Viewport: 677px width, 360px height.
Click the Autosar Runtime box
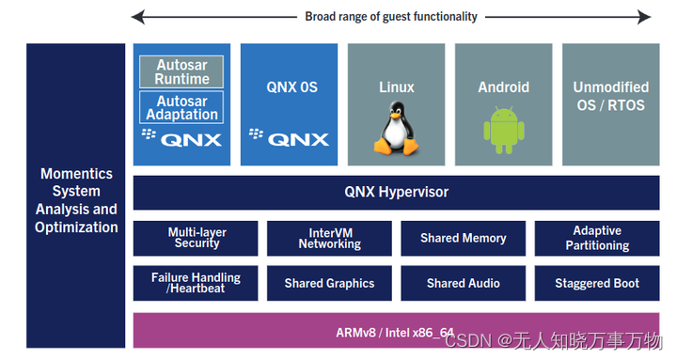pyautogui.click(x=181, y=72)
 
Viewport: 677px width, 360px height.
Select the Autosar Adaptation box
pyautogui.click(x=181, y=107)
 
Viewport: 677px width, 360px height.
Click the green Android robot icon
pyautogui.click(x=503, y=130)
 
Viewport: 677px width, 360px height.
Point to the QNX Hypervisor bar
pyautogui.click(x=396, y=193)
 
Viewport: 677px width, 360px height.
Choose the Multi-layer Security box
pyautogui.click(x=197, y=238)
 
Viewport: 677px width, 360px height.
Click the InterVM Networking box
pyautogui.click(x=329, y=238)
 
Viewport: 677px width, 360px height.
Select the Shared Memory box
pyautogui.click(x=463, y=238)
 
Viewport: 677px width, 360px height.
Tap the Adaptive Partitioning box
pyautogui.click(x=597, y=238)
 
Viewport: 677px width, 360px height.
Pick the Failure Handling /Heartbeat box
pyautogui.click(x=197, y=283)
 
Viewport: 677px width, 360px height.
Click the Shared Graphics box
pyautogui.click(x=329, y=283)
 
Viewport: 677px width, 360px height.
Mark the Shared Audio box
pyautogui.click(x=463, y=283)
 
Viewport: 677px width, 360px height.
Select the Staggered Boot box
pyautogui.click(x=597, y=283)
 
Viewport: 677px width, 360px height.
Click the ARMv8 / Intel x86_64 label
pyautogui.click(x=396, y=332)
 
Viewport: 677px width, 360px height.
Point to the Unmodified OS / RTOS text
pyautogui.click(x=609, y=96)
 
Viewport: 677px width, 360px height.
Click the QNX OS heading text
pyautogui.click(x=289, y=87)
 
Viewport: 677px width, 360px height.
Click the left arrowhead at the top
pyautogui.click(x=138, y=16)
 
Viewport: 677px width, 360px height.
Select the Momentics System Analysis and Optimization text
pyautogui.click(x=76, y=200)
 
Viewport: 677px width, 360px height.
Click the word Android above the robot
pyautogui.click(x=503, y=87)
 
